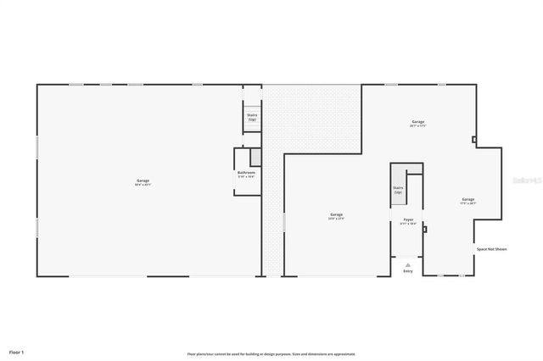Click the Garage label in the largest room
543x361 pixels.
(x=143, y=180)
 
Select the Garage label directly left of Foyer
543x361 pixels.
(x=336, y=214)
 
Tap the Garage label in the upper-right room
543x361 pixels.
(x=417, y=122)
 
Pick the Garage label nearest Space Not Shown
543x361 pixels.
(x=468, y=199)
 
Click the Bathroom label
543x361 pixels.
(x=246, y=172)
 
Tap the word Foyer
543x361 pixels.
(x=408, y=219)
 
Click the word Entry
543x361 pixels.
(x=408, y=271)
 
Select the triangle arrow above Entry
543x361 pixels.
(x=408, y=264)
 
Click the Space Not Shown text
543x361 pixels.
(x=491, y=249)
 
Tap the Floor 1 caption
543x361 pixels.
(x=17, y=351)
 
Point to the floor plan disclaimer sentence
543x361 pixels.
(x=271, y=353)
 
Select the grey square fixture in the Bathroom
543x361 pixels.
(x=254, y=157)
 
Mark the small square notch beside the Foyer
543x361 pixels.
(x=424, y=228)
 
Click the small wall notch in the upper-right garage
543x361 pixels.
(x=473, y=140)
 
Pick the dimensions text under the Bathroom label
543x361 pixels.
(x=246, y=176)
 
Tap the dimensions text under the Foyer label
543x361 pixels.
(x=408, y=224)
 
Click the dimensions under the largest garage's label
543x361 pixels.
(x=143, y=185)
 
